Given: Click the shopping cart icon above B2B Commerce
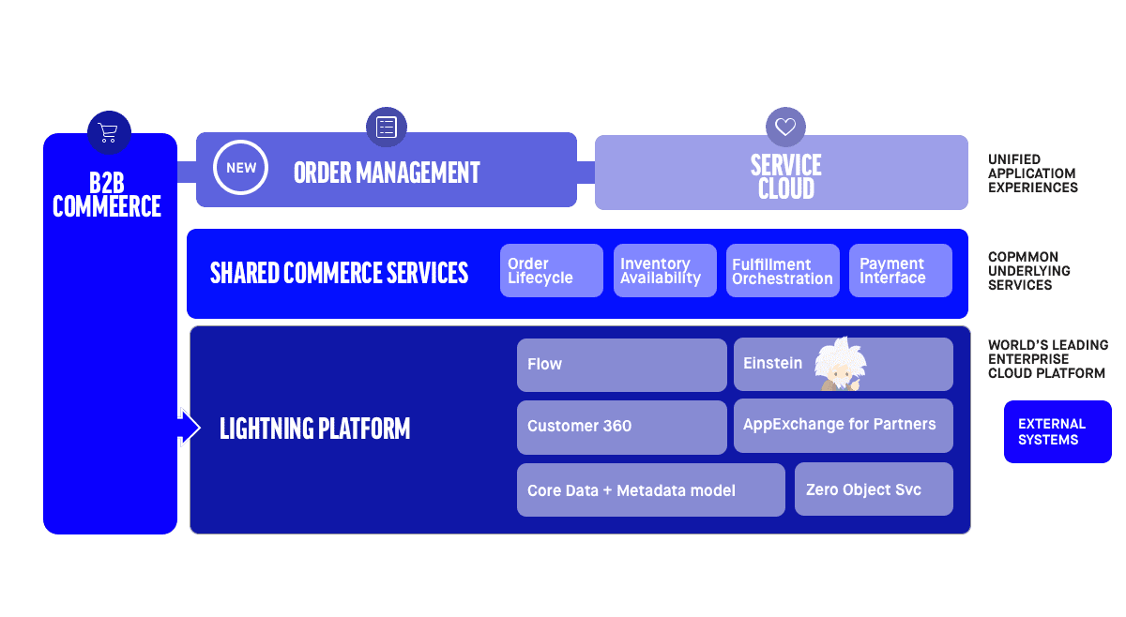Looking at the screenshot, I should click(109, 132).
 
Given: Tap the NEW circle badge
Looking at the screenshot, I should click(241, 169).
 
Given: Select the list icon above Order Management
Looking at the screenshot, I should click(386, 128).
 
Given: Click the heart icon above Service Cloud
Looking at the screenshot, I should click(785, 128).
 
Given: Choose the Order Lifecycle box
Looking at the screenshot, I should click(551, 271).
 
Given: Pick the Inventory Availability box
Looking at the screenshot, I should click(664, 271).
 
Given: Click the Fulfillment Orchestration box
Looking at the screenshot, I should click(782, 271).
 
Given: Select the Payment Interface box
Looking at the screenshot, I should click(900, 271).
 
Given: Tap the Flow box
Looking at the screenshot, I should click(621, 365).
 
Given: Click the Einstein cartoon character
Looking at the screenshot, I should click(840, 364).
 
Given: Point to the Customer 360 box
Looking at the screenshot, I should click(621, 427).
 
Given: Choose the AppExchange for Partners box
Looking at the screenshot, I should click(843, 425).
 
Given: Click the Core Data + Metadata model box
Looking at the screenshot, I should click(650, 489).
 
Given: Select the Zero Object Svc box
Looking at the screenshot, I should click(873, 489).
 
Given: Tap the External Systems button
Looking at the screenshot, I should click(1057, 432).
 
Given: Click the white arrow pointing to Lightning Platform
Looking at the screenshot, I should click(189, 428).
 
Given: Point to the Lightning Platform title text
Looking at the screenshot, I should click(315, 429).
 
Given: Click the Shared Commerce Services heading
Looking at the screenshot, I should click(339, 273).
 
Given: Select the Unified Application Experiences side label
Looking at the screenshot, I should click(1032, 173).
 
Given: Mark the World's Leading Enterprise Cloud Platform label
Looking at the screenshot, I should click(1047, 359).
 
